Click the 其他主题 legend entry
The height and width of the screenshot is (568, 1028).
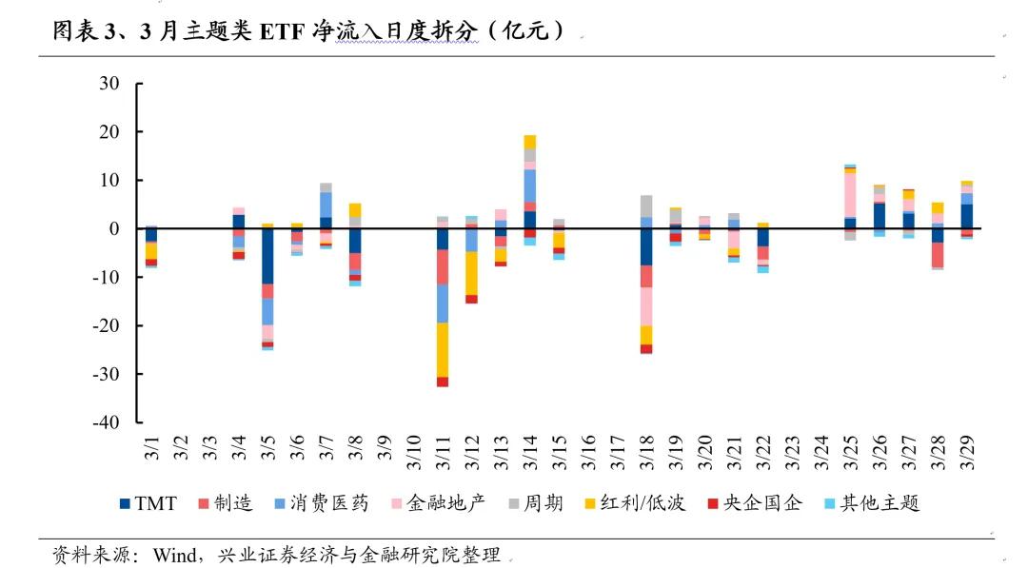[876, 502]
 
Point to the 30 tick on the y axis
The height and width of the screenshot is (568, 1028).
[109, 84]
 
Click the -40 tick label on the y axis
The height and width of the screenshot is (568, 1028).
[104, 421]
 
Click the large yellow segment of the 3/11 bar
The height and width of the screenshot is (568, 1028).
[443, 349]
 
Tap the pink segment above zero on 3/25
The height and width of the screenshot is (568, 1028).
[850, 194]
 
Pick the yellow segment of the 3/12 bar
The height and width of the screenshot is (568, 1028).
[471, 273]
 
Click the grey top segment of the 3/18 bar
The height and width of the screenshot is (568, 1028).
[646, 206]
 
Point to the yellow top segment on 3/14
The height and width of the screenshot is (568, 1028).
[530, 142]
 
